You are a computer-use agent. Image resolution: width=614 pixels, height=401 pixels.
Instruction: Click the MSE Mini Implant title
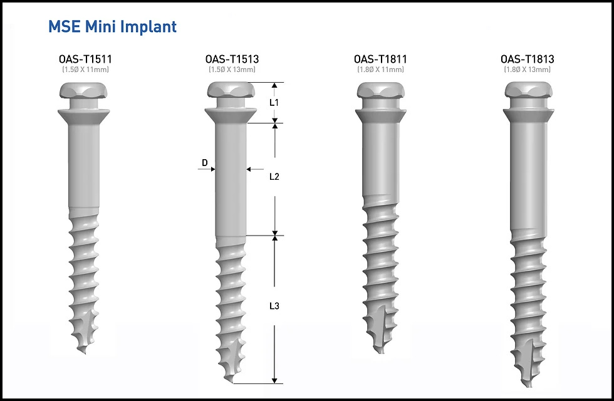(112, 26)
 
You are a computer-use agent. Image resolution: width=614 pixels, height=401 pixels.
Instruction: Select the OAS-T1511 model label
(85, 59)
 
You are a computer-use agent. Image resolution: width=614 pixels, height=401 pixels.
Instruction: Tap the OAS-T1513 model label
(232, 59)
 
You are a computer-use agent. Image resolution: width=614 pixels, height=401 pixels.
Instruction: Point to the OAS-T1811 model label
(380, 59)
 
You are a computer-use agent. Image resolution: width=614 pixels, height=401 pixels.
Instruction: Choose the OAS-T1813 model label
(528, 59)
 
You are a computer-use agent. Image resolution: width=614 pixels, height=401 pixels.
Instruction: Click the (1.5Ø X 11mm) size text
(85, 70)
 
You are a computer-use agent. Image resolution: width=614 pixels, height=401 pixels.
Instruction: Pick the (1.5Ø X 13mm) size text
(232, 70)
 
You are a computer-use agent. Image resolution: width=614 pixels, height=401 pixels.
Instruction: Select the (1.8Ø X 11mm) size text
(380, 70)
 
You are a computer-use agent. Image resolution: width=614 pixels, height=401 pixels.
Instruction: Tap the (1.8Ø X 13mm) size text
(528, 70)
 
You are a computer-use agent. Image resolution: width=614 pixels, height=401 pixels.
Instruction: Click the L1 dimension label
(274, 103)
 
